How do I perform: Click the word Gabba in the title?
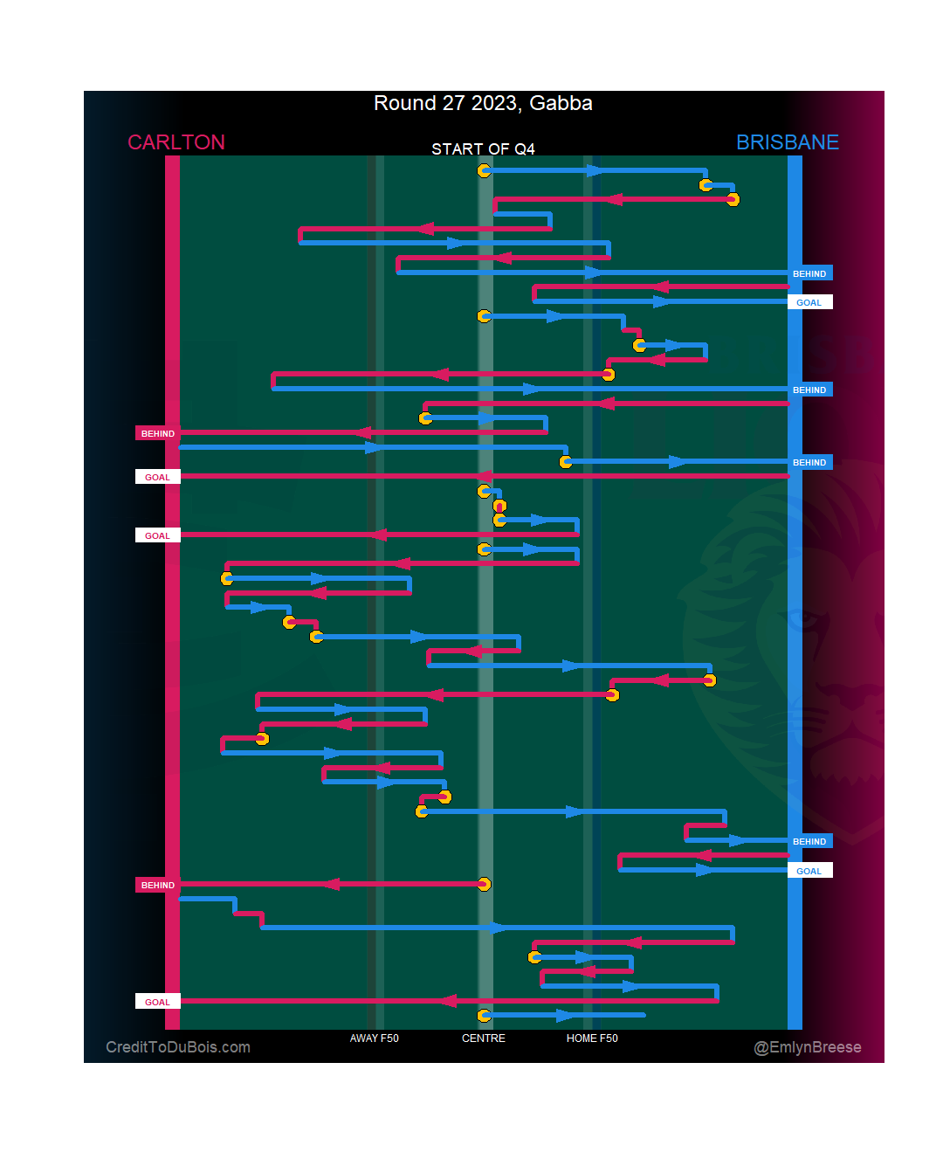(x=561, y=103)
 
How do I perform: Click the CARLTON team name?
(x=176, y=142)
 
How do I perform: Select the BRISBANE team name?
(x=787, y=142)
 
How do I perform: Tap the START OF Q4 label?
(x=483, y=149)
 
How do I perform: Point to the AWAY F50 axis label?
(x=374, y=1038)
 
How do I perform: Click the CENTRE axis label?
(x=484, y=1038)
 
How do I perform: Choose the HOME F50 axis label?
(x=592, y=1038)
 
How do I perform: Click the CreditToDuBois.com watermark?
(x=178, y=1047)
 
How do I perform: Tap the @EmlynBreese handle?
(x=808, y=1047)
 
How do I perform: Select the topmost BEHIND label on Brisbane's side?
(x=809, y=273)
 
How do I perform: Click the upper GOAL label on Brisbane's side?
(x=809, y=302)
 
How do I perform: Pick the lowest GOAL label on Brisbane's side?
(x=809, y=871)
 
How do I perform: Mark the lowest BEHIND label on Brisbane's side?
(x=809, y=841)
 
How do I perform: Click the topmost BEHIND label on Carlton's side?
(x=158, y=433)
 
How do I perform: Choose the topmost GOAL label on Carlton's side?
(x=158, y=477)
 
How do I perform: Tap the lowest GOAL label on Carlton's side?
(x=158, y=1002)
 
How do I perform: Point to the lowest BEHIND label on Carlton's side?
(x=158, y=885)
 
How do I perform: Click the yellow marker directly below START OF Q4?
(x=484, y=170)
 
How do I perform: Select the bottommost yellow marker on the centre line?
(x=484, y=1016)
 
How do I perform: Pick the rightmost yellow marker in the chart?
(x=733, y=200)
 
